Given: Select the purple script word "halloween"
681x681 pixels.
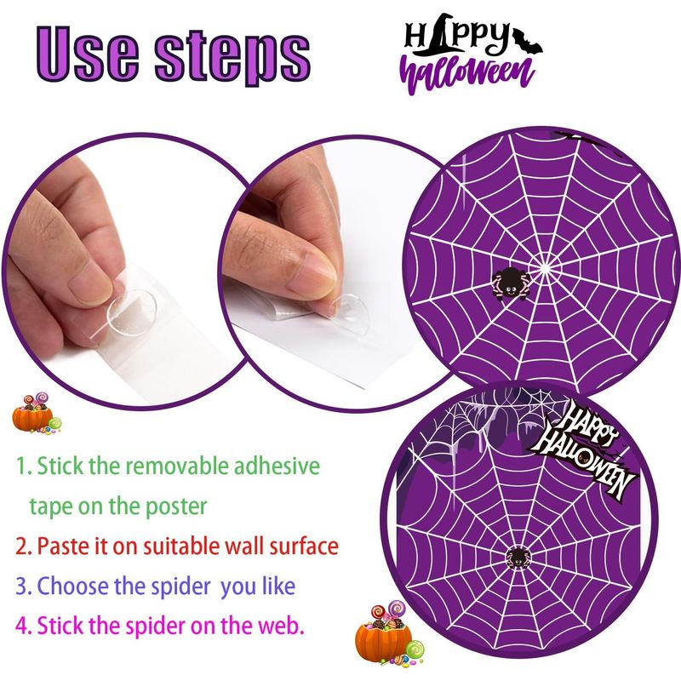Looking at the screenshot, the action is pos(466,75).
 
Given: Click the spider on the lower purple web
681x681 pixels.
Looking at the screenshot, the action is pos(517,558).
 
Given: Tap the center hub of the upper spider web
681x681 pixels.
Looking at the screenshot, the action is pos(545,269).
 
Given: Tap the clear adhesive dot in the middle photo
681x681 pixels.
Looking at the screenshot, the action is pos(350,311).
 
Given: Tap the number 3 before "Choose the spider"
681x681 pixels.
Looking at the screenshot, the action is pos(22,587).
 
